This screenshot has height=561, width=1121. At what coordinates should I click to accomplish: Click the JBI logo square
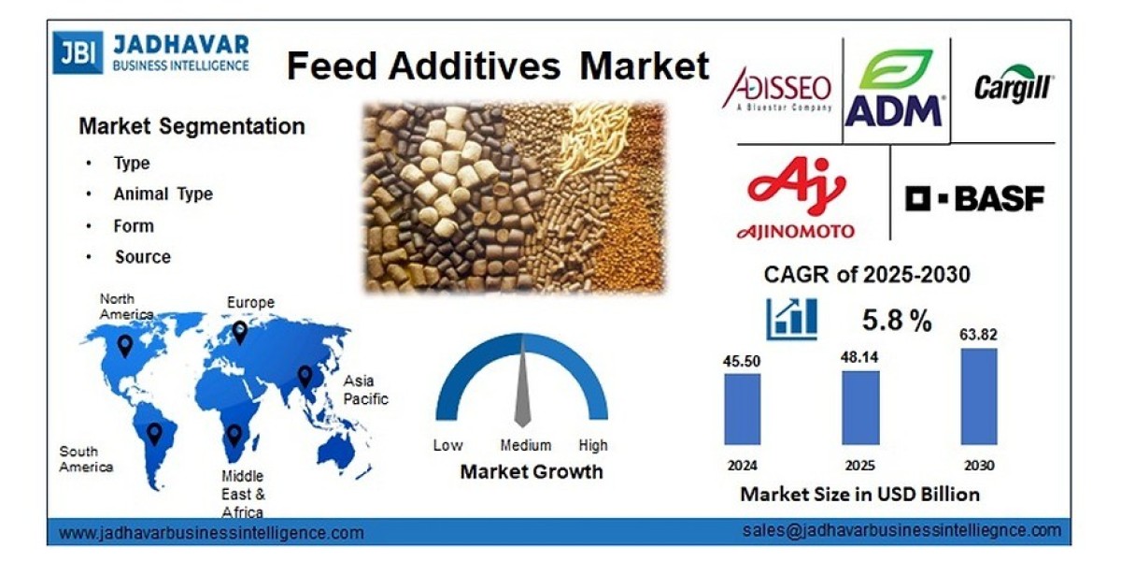pyautogui.click(x=78, y=53)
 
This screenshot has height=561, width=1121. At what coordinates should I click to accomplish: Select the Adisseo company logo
pyautogui.click(x=777, y=89)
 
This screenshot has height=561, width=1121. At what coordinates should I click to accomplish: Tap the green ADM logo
pyautogui.click(x=894, y=89)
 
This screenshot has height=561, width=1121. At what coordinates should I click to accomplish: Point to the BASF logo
pyautogui.click(x=974, y=197)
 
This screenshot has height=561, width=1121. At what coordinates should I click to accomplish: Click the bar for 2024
pyautogui.click(x=743, y=409)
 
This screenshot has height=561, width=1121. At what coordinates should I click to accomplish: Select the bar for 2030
pyautogui.click(x=979, y=396)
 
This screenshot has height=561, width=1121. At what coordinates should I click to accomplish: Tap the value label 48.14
pyautogui.click(x=859, y=356)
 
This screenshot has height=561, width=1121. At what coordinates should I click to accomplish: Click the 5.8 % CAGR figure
pyautogui.click(x=896, y=321)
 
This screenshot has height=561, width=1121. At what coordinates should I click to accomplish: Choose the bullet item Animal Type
pyautogui.click(x=163, y=194)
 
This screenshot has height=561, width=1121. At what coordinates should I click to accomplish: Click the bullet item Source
pyautogui.click(x=143, y=257)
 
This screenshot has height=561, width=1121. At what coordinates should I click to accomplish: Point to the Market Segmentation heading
pyautogui.click(x=192, y=126)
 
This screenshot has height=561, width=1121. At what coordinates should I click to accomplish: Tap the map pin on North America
pyautogui.click(x=124, y=346)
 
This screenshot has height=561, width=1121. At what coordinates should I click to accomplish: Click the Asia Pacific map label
pyautogui.click(x=365, y=390)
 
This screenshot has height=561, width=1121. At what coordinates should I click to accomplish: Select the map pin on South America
pyautogui.click(x=154, y=433)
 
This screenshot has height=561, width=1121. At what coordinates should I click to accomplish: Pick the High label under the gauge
pyautogui.click(x=592, y=445)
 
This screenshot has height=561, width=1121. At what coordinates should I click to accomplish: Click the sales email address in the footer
pyautogui.click(x=901, y=530)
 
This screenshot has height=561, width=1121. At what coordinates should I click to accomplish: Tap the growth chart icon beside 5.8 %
pyautogui.click(x=791, y=319)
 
